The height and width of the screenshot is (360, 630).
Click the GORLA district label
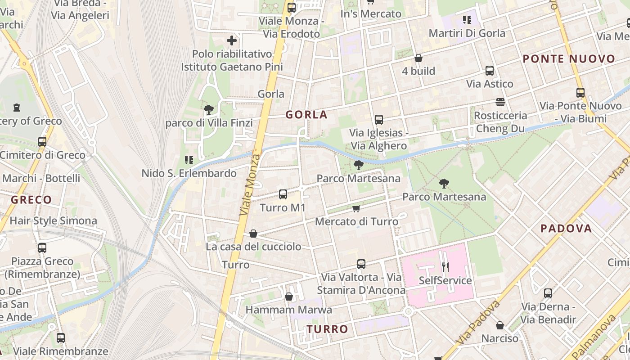306,115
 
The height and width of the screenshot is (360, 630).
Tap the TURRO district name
328,329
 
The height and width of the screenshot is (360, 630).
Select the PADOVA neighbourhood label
566,228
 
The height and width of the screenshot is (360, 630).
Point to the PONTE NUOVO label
569,59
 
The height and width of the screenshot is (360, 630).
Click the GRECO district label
31,200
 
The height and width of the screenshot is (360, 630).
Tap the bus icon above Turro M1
283,194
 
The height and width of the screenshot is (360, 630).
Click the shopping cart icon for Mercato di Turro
356,208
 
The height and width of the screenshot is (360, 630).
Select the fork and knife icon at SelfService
445,267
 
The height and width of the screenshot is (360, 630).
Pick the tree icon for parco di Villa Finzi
208,109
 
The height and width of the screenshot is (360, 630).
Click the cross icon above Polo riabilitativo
232,41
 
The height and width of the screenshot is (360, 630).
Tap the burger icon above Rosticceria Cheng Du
500,102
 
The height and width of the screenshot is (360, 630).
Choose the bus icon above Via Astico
490,71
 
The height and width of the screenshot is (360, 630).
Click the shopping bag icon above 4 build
418,58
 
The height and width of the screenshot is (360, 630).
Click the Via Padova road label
478,323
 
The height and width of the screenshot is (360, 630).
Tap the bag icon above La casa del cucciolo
253,234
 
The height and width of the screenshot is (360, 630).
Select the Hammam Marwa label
288,310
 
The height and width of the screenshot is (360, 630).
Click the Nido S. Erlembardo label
189,173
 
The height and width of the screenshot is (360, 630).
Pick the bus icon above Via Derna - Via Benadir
548,293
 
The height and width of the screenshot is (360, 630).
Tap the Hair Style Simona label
53,220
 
